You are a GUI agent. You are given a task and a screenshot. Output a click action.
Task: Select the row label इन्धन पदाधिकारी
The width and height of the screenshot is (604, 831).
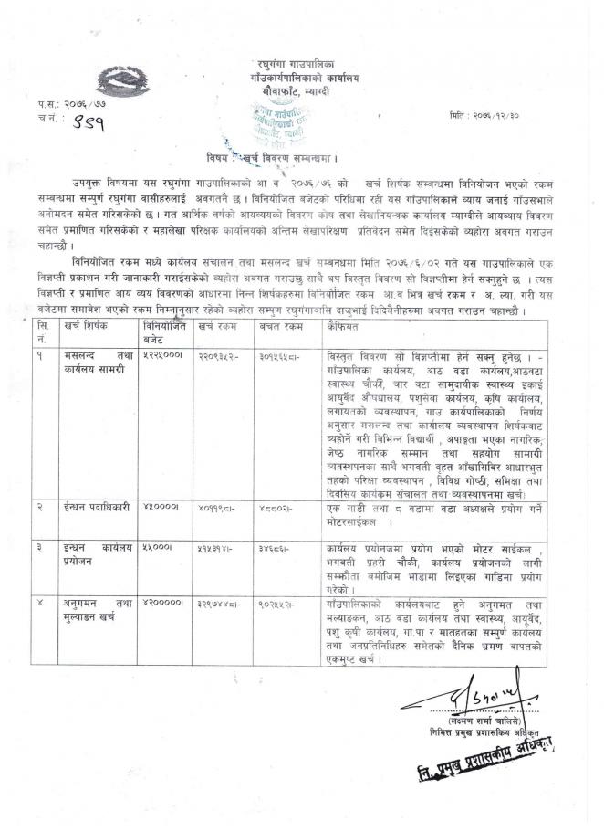(99, 505)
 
